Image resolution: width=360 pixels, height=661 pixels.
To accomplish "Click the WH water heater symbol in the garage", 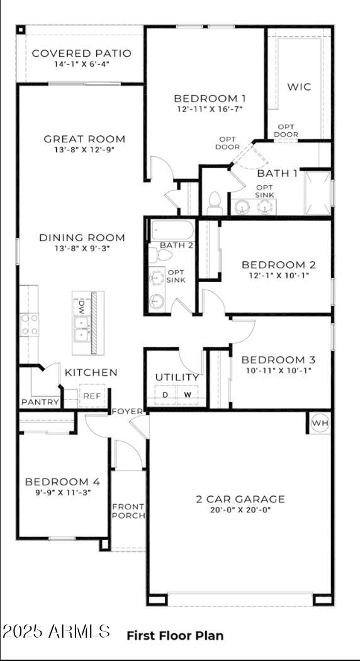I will coord(320,424).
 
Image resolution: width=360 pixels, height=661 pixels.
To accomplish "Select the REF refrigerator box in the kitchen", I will coord(92,396).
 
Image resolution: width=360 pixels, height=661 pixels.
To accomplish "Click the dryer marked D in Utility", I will coord(166,395).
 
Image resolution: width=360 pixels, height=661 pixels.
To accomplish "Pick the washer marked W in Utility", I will coord(188,395).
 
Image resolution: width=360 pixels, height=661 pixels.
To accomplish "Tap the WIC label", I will coord(299,87).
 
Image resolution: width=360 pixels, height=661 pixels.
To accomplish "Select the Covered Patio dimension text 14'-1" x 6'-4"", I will coord(82,64).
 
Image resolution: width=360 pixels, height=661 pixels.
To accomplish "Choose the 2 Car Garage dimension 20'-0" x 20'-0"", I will coord(240,511).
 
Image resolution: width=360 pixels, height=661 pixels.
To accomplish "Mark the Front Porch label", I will coord(128,511).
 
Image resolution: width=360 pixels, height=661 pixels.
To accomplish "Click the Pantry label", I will coord(40,402).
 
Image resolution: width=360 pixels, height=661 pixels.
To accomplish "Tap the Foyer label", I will coord(128,412).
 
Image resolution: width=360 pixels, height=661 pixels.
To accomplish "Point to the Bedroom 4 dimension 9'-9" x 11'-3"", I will coord(62,493).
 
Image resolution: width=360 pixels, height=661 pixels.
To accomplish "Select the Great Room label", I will coord(84,139).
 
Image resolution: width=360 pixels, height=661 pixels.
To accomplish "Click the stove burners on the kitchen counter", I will coord(30,324).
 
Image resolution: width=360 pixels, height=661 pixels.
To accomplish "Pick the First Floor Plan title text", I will coord(175,636).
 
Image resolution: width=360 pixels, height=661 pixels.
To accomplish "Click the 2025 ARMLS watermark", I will coord(57,631).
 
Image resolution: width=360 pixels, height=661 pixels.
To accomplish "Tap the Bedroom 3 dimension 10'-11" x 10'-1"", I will coord(278,370).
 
